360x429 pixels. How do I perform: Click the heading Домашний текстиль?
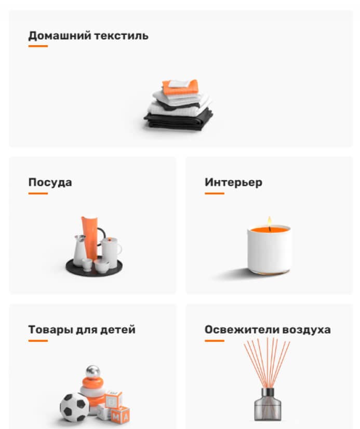tap(88, 36)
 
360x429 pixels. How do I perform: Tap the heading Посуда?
tap(50, 182)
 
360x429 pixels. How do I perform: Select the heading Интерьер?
tap(233, 182)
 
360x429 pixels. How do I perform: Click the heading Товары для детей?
tap(82, 330)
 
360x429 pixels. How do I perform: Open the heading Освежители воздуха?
tap(268, 330)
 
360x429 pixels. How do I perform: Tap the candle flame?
tap(270, 221)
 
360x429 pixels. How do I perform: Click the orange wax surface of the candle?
tap(270, 229)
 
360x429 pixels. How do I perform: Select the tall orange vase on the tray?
tap(89, 235)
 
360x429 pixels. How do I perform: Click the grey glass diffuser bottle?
tap(268, 405)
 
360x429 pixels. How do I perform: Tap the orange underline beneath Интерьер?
tap(215, 193)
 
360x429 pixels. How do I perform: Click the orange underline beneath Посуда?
tap(38, 193)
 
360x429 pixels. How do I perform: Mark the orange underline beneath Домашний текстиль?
tap(38, 46)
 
